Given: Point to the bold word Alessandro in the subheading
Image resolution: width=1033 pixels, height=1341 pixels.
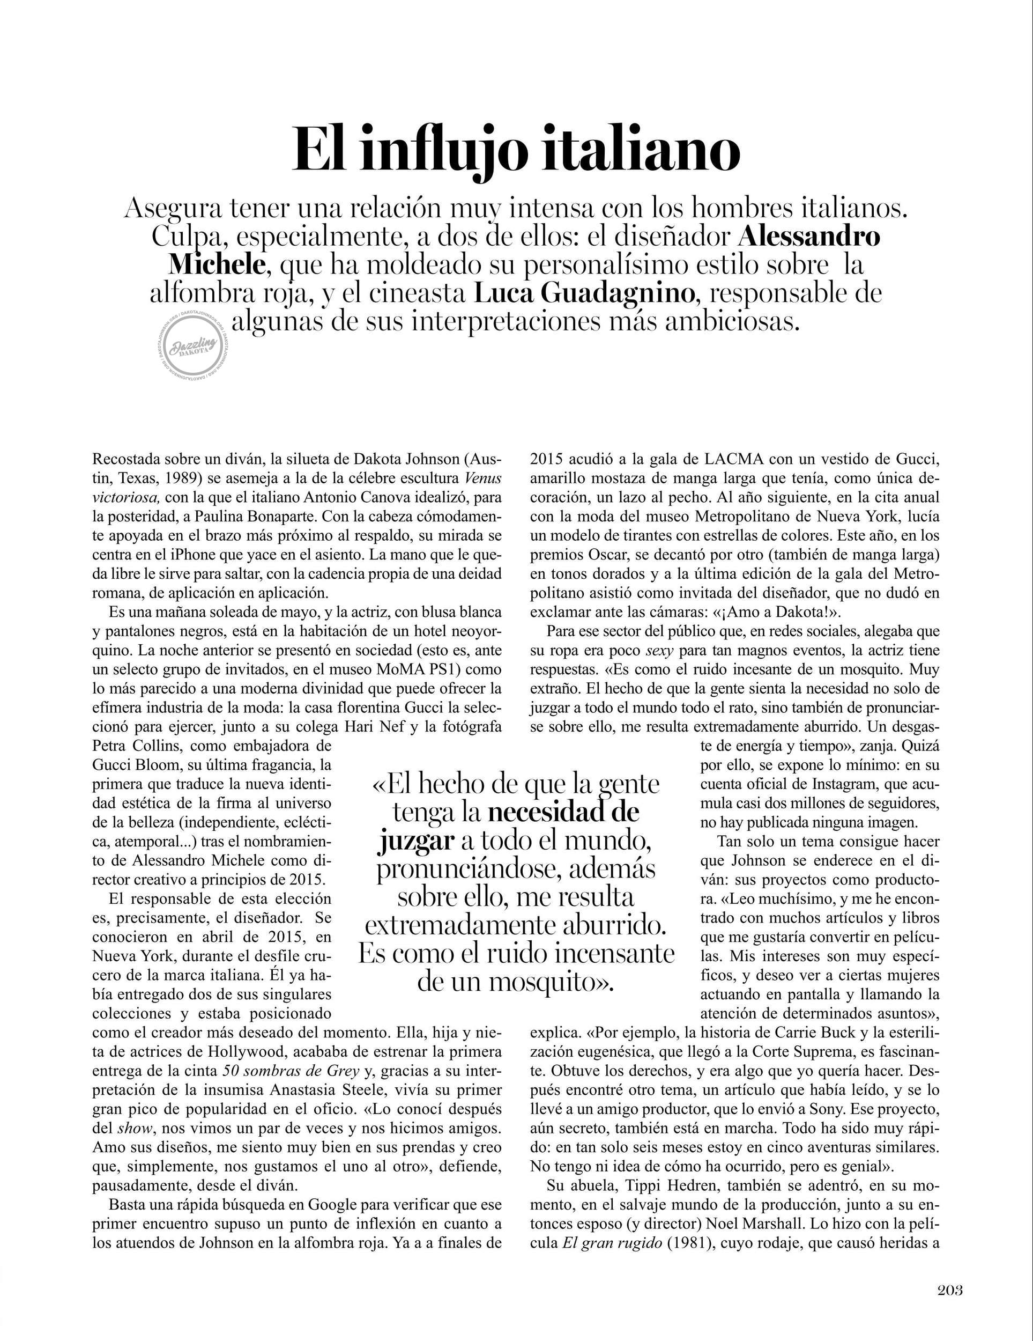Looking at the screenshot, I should pyautogui.click(x=809, y=237).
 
